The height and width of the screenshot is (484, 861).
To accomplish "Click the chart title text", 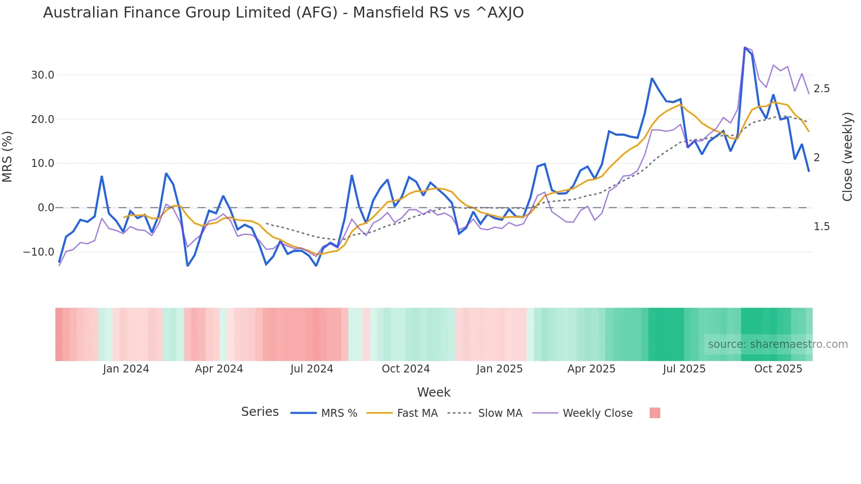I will coord(283,13).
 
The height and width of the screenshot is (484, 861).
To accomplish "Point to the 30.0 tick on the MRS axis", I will coord(43,75).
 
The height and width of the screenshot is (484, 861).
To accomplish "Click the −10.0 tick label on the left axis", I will coord(39,252).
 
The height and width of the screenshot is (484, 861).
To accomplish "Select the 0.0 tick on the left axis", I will coord(46,208).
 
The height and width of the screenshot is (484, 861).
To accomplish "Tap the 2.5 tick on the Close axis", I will coord(821,89).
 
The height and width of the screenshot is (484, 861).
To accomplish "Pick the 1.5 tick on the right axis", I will coord(821,227).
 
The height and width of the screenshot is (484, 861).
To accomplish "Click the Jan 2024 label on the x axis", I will coord(126,369).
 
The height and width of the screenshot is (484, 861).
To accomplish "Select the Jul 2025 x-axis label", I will coord(684,369).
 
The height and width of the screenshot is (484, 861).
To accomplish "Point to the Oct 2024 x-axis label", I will coord(405,369).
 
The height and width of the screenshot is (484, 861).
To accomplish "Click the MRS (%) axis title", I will coord(7,157).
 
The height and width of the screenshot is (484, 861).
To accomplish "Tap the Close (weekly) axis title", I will coord(847,157).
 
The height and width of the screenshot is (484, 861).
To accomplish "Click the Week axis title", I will coord(434,392).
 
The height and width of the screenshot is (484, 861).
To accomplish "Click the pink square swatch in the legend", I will coord(655,413).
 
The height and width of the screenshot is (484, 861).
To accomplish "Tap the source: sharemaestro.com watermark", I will coord(778,344).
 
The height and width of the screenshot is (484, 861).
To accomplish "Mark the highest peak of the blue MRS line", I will coord(745,47).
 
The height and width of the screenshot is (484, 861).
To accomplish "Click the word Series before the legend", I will coord(260,412).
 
